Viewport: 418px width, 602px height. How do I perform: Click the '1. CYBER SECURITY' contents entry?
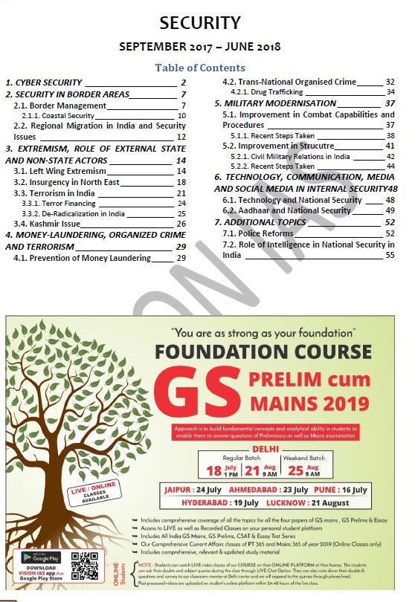tap(45, 82)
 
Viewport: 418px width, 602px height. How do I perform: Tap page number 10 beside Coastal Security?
tap(181, 116)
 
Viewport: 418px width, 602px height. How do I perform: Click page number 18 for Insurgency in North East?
tap(181, 182)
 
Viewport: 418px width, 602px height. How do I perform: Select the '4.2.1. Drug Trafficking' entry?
tap(264, 92)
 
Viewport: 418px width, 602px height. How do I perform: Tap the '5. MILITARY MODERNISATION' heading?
tap(275, 103)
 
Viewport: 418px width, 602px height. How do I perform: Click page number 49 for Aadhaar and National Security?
tap(390, 210)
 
